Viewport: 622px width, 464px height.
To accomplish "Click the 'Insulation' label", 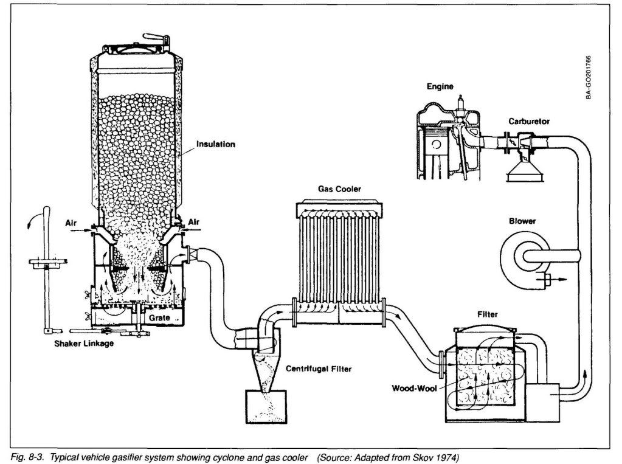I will coord(215,145).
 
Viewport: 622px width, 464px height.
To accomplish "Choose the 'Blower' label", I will coord(522,221).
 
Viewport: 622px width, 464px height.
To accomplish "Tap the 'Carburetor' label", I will coord(529,122).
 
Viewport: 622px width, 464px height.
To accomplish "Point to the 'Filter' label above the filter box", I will coord(488,314).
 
